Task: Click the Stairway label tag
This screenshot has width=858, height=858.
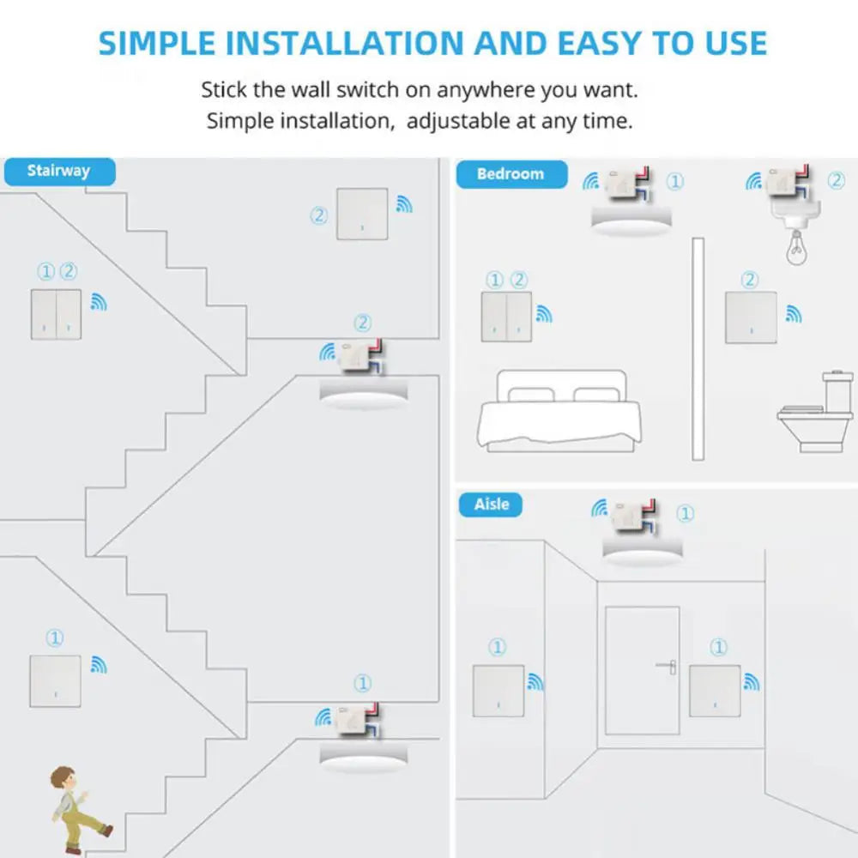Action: [x=58, y=171]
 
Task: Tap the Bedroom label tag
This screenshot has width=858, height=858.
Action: [x=511, y=174]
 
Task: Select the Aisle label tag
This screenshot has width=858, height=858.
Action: [x=491, y=505]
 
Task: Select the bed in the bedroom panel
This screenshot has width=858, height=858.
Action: [x=558, y=412]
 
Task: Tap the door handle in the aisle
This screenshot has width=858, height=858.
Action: [x=667, y=665]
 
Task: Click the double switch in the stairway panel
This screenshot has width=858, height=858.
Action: [x=57, y=314]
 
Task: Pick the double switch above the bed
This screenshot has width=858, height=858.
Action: [x=506, y=317]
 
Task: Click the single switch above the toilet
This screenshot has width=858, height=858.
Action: [x=751, y=317]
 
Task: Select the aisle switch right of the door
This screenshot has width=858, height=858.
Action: [x=715, y=691]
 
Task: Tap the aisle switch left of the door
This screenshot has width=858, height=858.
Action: [x=498, y=691]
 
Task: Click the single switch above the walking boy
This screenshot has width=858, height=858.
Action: [x=55, y=681]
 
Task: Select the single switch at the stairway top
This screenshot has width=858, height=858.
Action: [x=362, y=214]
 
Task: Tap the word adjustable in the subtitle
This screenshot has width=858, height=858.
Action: [x=458, y=121]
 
